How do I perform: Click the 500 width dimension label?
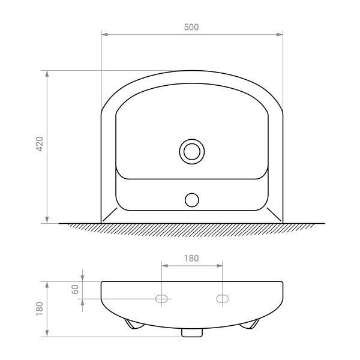(191, 27)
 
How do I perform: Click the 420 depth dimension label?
(40, 144)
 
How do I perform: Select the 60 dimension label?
(75, 290)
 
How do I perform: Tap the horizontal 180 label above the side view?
(191, 258)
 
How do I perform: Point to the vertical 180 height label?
(40, 309)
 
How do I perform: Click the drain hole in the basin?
(192, 152)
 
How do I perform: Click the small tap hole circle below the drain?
(192, 200)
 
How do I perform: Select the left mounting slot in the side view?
(161, 299)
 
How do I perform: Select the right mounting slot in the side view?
(222, 299)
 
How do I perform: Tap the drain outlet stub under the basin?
(192, 333)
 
